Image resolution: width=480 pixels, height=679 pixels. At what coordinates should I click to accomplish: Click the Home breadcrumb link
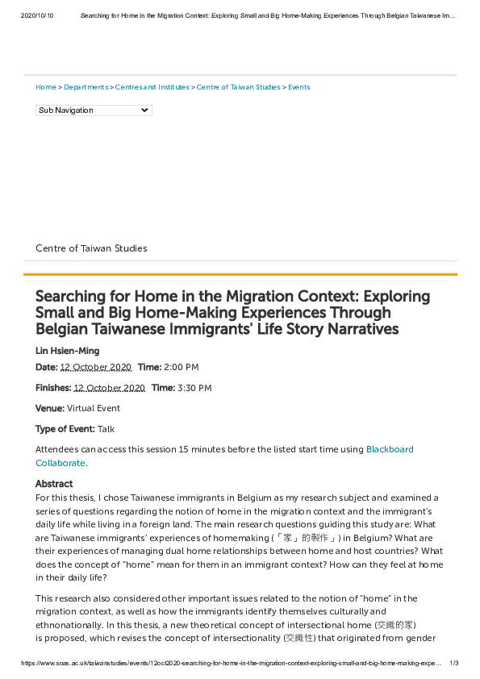[46, 87]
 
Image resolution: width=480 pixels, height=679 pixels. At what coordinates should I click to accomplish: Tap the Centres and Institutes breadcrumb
[152, 87]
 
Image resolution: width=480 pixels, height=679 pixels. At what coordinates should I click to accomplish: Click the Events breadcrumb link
[299, 87]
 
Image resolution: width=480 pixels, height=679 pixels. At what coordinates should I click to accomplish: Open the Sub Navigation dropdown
[94, 110]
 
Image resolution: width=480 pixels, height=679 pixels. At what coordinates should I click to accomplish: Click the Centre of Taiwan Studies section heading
[91, 248]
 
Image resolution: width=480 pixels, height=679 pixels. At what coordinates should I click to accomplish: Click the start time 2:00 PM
[181, 367]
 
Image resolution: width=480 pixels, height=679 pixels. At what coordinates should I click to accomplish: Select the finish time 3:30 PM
[194, 388]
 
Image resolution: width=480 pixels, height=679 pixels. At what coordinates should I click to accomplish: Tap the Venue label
[49, 409]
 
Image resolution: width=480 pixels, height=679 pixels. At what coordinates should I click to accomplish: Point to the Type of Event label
[65, 429]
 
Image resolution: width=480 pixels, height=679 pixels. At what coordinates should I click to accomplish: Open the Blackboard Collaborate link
[390, 449]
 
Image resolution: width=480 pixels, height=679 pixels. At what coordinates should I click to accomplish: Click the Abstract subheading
[54, 484]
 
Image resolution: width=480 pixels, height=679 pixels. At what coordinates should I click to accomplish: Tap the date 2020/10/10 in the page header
[36, 15]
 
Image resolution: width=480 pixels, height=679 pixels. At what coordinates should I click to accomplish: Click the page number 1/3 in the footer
[454, 663]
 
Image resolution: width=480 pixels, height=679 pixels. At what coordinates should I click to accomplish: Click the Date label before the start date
[46, 367]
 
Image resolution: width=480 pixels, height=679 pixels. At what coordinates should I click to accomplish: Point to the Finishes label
[52, 388]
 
